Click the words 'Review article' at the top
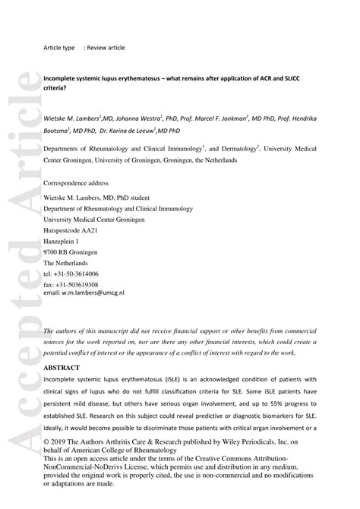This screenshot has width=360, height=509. point(105,47)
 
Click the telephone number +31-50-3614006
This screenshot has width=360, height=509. point(77,273)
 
